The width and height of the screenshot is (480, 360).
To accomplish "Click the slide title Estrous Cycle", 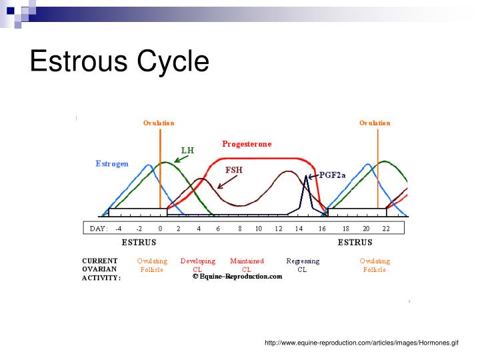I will click(x=119, y=61).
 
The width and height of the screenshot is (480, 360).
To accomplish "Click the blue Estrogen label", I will click(x=112, y=163).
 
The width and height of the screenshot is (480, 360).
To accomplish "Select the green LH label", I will click(x=187, y=150).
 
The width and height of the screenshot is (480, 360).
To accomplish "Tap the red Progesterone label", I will click(x=247, y=143).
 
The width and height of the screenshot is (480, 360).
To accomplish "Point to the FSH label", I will click(x=234, y=169).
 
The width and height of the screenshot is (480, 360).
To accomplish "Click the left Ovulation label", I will click(x=159, y=123).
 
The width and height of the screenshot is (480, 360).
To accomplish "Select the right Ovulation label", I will click(x=375, y=123).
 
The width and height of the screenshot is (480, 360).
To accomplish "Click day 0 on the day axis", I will click(x=160, y=228).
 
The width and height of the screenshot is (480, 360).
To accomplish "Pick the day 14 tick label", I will click(x=299, y=228).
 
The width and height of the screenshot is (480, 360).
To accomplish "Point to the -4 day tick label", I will click(x=118, y=228).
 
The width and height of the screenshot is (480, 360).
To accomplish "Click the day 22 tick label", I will click(x=385, y=228).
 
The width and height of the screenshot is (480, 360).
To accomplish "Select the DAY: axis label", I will click(x=98, y=228).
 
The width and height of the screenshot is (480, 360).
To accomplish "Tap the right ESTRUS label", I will click(x=355, y=243).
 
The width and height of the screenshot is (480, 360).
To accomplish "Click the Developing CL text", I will click(x=198, y=265).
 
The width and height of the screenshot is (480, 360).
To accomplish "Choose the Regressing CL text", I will click(x=303, y=265).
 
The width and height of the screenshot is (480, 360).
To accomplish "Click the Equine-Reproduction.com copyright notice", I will click(x=237, y=276).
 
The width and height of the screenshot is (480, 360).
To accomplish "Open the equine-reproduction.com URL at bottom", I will click(x=361, y=343).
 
